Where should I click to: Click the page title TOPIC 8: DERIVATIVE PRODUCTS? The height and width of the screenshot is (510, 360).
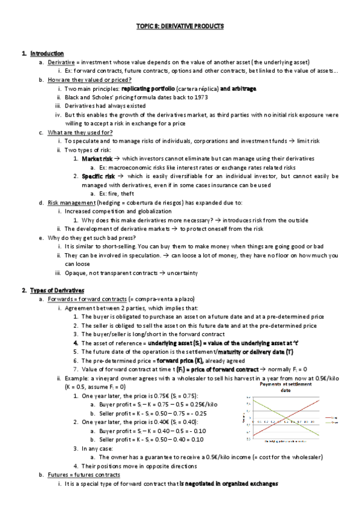point(180,26)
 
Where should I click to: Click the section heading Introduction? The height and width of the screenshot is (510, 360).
point(47,54)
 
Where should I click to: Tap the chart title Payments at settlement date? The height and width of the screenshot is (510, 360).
point(285,386)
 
